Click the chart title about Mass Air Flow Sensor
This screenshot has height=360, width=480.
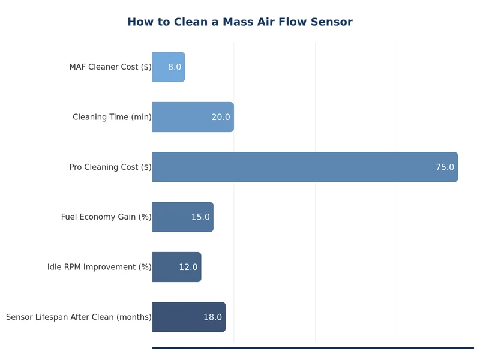click(x=239, y=22)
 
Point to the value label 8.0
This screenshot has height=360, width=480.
click(x=175, y=67)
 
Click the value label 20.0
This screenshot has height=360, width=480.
click(x=220, y=117)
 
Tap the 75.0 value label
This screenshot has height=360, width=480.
click(x=445, y=167)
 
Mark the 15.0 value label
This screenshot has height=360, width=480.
click(x=200, y=217)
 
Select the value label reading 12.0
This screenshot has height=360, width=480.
click(x=188, y=267)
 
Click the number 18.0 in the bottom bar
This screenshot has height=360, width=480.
click(x=212, y=317)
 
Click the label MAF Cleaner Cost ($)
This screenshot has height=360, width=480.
click(x=110, y=67)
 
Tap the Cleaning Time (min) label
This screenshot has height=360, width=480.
click(x=112, y=117)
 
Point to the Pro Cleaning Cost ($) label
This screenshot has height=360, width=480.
click(x=110, y=167)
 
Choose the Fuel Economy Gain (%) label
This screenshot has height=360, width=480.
click(x=106, y=217)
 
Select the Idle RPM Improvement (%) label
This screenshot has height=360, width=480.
click(x=100, y=267)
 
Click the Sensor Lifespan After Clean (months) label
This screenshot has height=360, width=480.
click(x=79, y=317)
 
